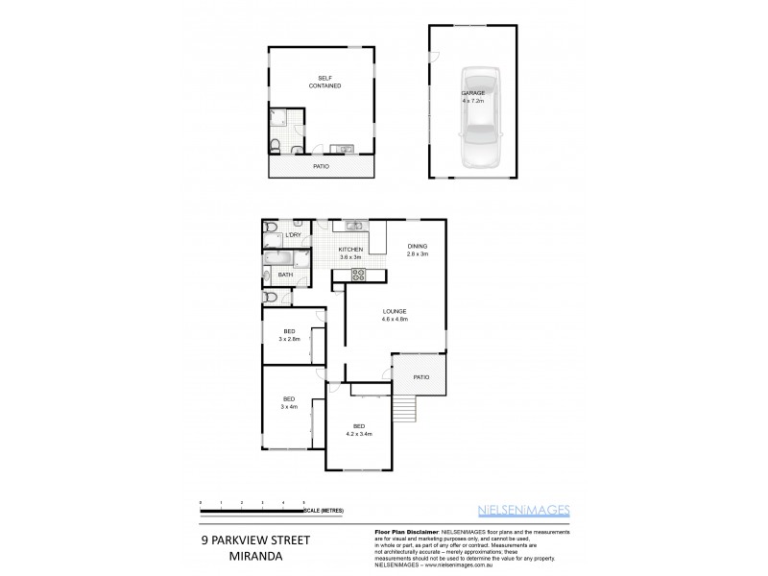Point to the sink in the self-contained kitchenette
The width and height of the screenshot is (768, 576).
point(340,149)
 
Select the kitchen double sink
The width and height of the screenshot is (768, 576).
point(352,227)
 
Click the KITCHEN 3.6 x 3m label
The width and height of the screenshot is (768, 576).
point(349,252)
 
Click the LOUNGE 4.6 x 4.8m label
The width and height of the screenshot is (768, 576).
point(395,315)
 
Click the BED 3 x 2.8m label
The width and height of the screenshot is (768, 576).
point(289,335)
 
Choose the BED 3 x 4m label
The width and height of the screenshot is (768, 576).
point(288,402)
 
